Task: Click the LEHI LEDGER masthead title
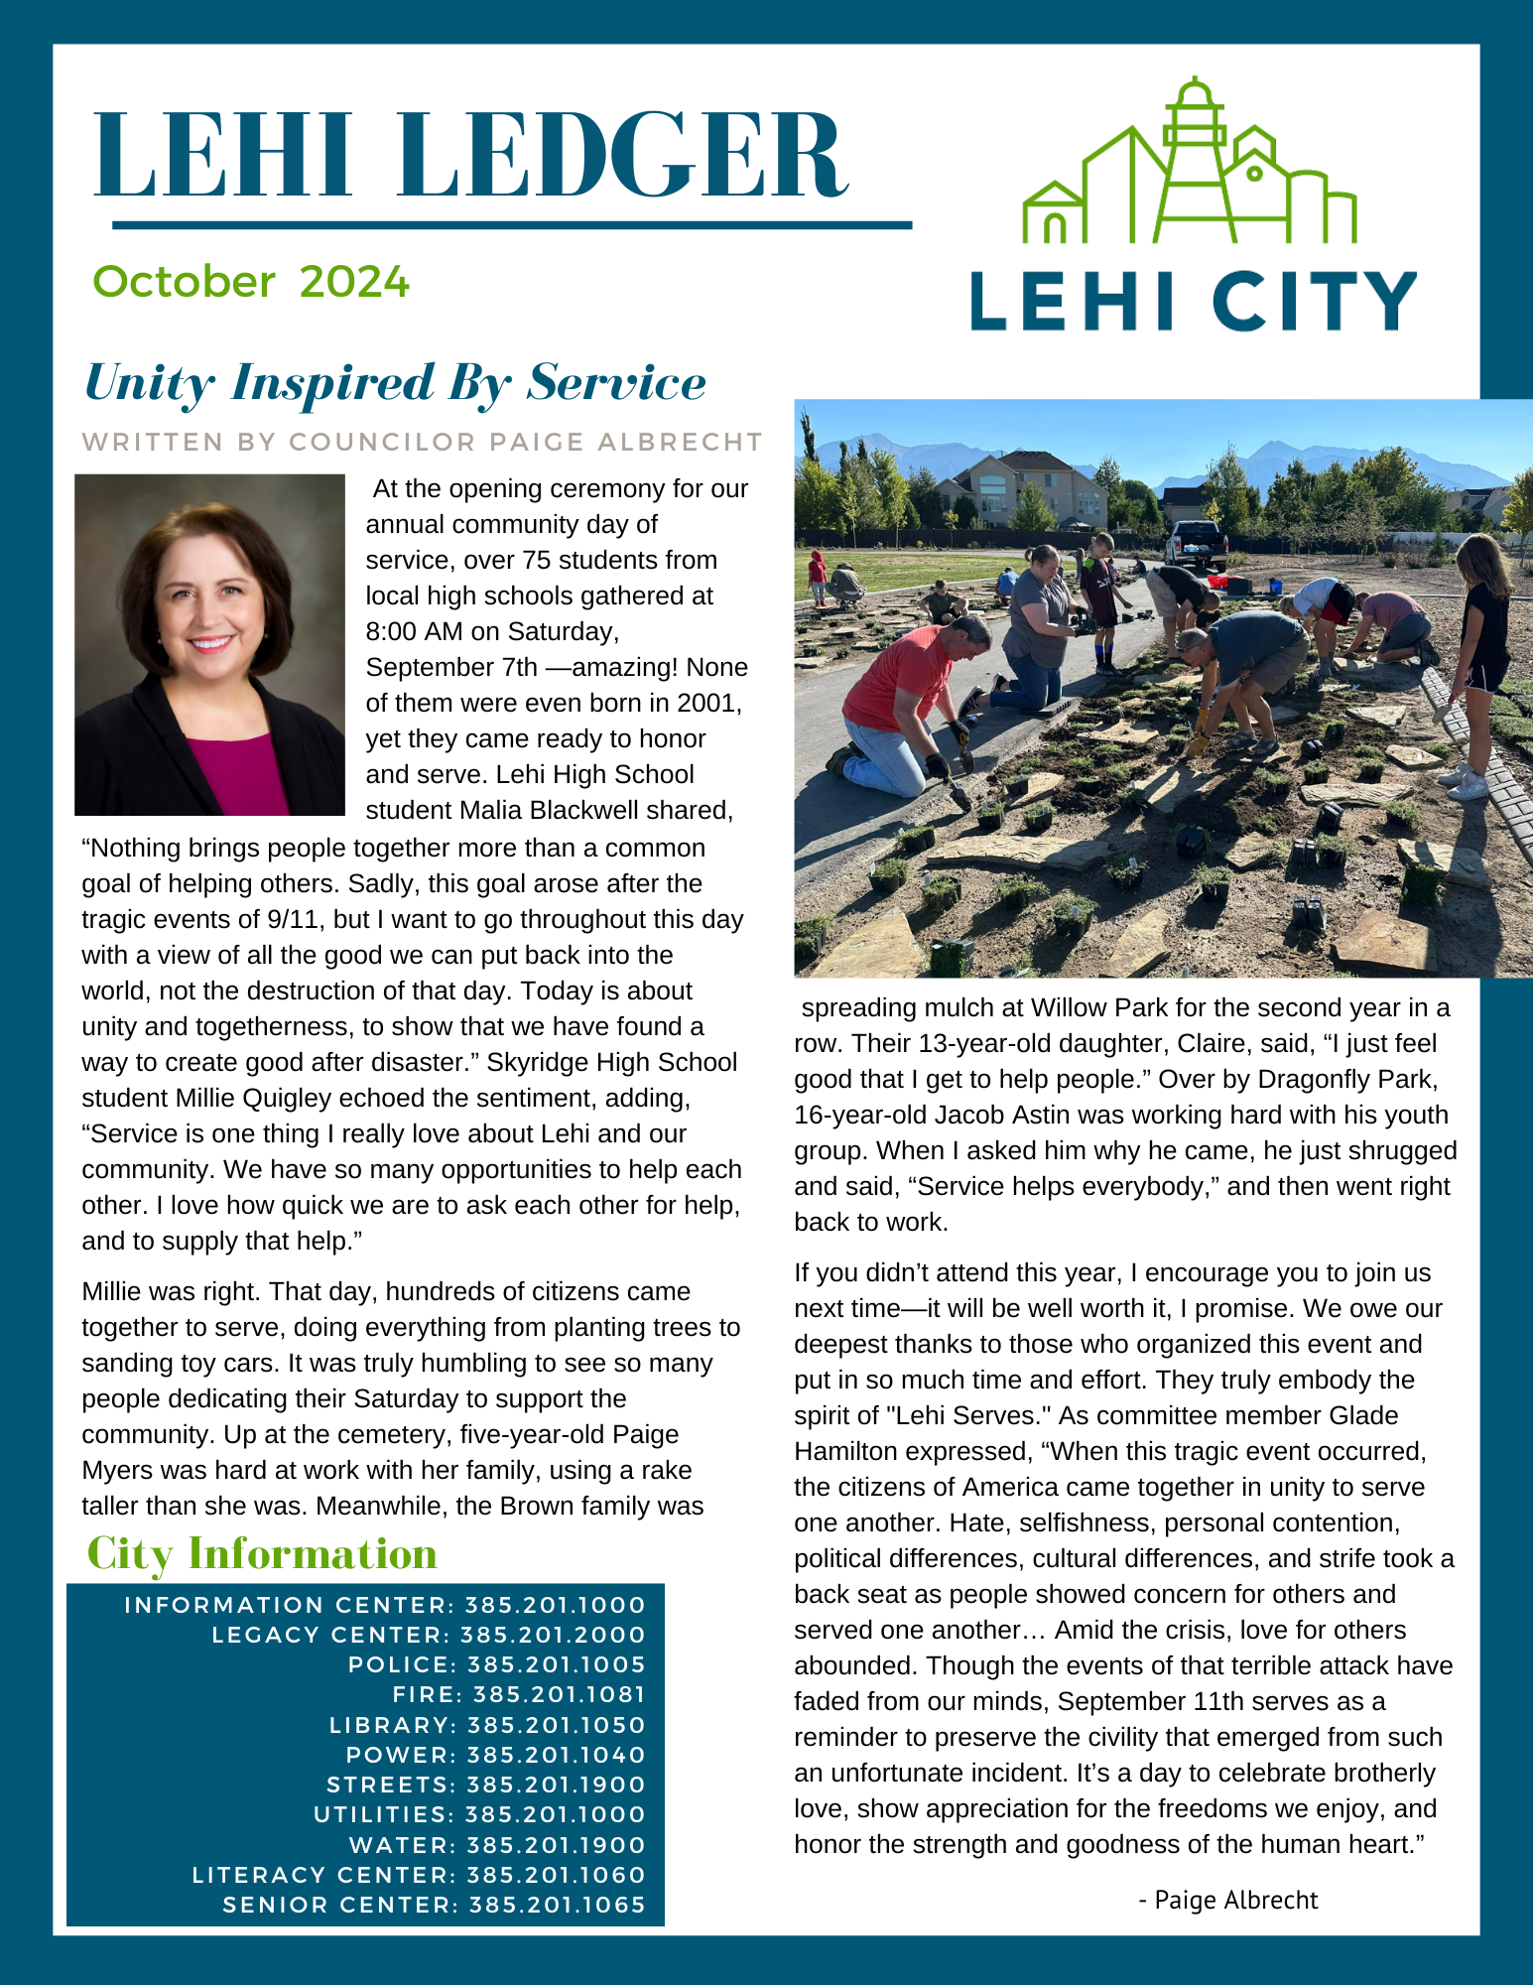click(470, 156)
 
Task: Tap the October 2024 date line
click(250, 282)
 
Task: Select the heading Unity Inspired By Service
click(395, 383)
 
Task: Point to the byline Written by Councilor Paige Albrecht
click(422, 442)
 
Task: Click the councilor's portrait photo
click(209, 644)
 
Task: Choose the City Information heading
click(262, 1553)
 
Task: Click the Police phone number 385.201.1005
click(556, 1664)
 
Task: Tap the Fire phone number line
click(519, 1694)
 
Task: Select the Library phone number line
click(487, 1725)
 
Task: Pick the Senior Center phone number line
click(434, 1905)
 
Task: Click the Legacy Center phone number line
click(429, 1635)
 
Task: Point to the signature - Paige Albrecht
click(1227, 1900)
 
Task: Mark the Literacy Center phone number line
click(419, 1875)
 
